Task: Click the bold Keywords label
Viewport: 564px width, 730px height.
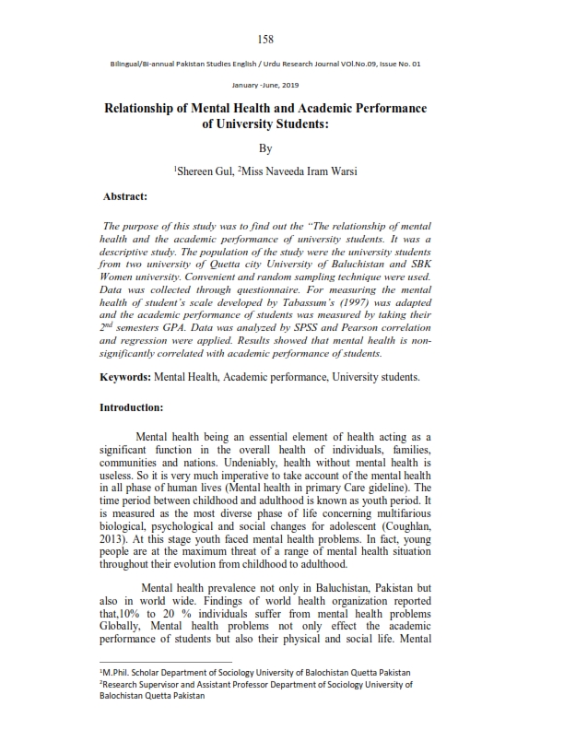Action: click(x=125, y=404)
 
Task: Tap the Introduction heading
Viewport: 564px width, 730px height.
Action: click(x=132, y=431)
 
